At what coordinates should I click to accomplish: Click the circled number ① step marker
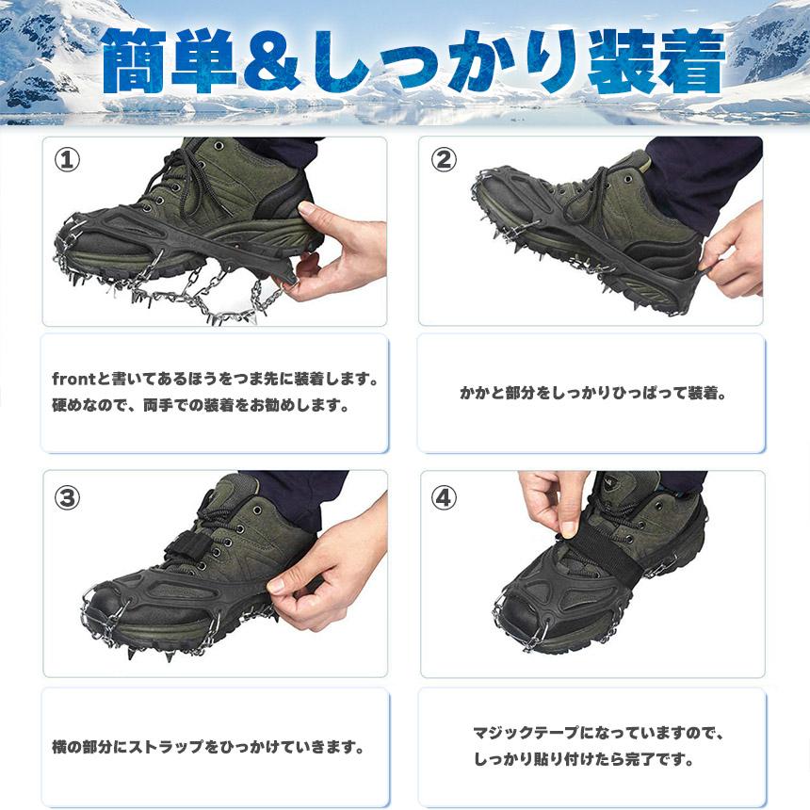tap(67, 160)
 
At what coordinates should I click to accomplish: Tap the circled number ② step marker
tap(444, 159)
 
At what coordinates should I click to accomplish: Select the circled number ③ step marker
tap(67, 498)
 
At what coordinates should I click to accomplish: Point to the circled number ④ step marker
tap(444, 498)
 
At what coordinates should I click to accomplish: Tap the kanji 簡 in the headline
tap(136, 62)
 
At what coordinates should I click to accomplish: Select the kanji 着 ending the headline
tap(690, 62)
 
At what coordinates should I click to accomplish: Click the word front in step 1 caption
tap(73, 380)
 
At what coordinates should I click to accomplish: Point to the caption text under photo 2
tap(593, 393)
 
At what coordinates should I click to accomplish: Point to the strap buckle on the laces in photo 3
tap(187, 546)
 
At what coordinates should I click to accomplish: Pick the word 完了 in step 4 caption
tap(640, 759)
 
